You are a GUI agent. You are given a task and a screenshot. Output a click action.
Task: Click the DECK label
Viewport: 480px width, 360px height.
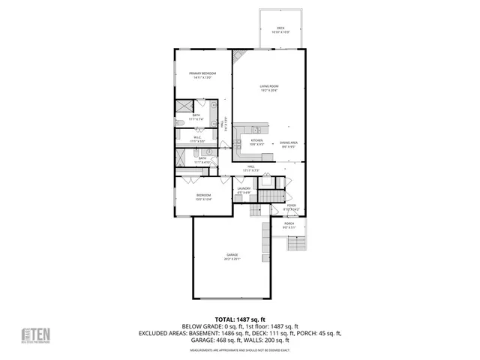(x=280, y=29)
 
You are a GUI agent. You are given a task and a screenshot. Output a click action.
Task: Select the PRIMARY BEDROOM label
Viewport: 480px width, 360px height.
(x=202, y=73)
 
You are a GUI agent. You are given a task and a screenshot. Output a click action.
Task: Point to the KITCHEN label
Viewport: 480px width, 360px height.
(x=256, y=141)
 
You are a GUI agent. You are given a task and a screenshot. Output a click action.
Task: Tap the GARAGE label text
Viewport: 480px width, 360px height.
(x=232, y=255)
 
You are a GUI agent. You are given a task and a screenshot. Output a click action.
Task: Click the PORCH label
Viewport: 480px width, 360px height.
(x=289, y=224)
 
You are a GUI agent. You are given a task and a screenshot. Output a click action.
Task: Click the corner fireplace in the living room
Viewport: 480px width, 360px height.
(x=238, y=56)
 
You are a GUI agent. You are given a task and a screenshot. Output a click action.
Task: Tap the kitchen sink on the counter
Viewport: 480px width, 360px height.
(x=256, y=129)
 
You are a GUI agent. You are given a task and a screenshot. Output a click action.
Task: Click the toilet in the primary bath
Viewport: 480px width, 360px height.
(x=180, y=122)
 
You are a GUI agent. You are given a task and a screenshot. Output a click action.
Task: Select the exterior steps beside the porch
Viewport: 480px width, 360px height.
(x=297, y=243)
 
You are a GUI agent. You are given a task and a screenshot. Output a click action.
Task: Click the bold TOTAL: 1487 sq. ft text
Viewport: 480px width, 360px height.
(x=239, y=319)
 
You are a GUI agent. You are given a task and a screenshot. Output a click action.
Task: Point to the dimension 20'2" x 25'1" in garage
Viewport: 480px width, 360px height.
(x=232, y=259)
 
